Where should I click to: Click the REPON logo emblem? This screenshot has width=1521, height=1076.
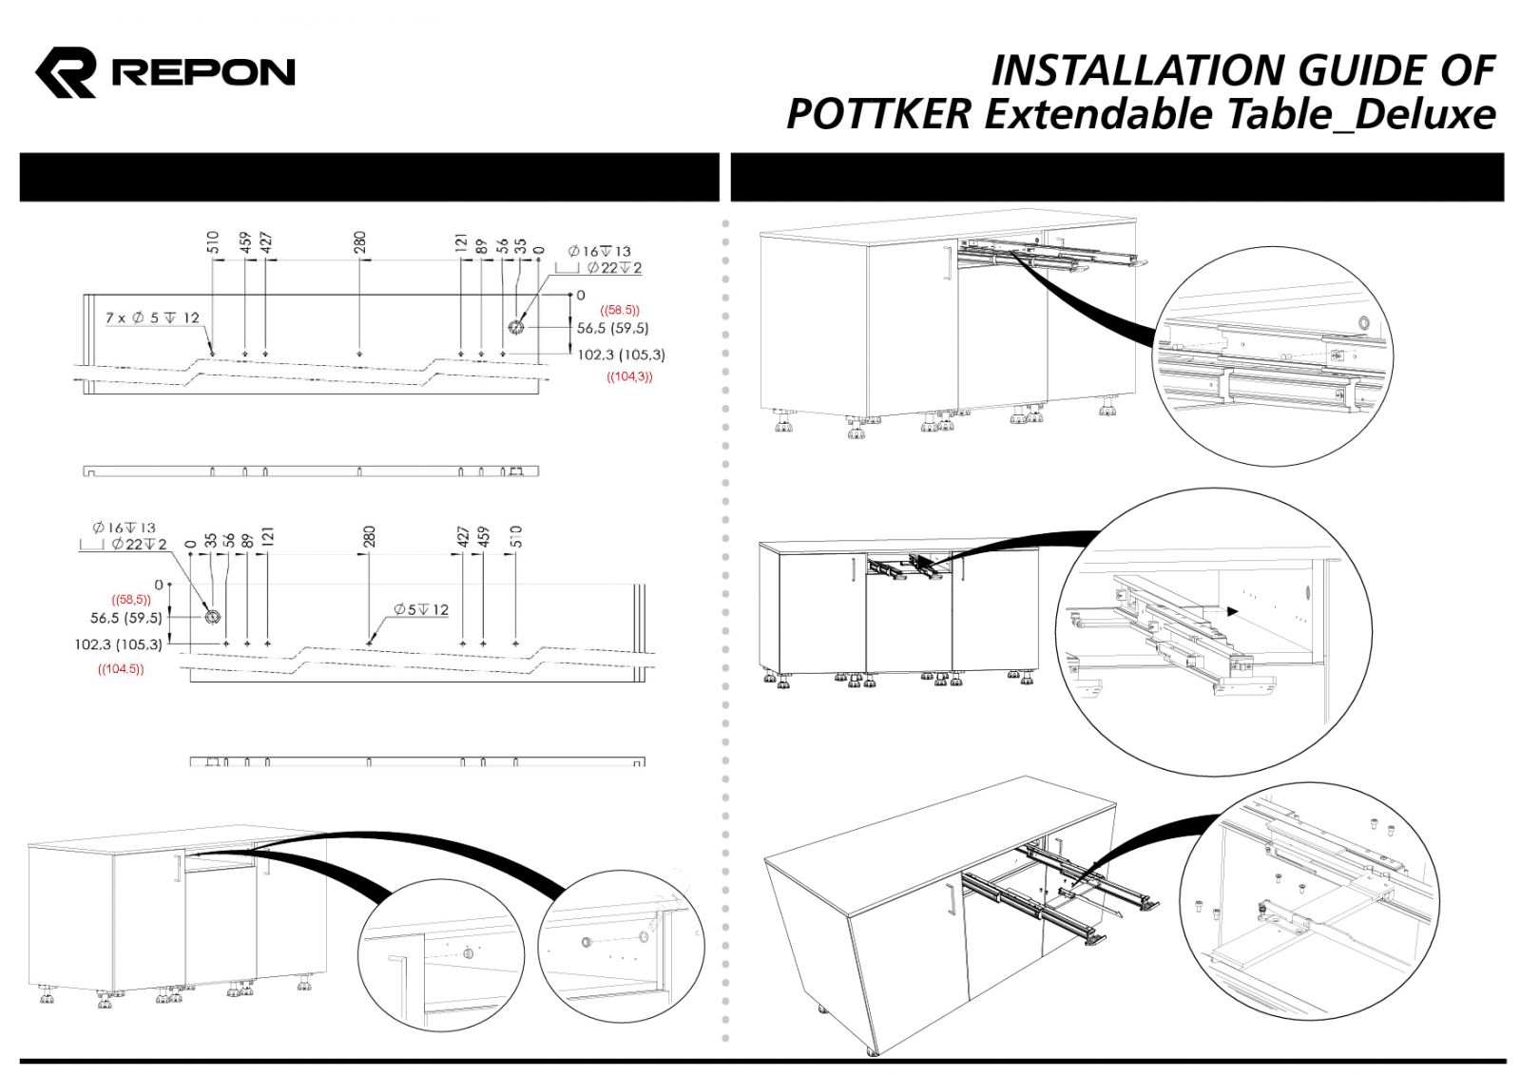coord(66,72)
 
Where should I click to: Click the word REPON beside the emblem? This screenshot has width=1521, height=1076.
coord(203,72)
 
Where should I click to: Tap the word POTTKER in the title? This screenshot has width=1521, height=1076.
coord(878,114)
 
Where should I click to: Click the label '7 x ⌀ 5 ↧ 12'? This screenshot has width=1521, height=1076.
coord(152,317)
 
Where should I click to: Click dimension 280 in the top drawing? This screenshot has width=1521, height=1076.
coord(359,242)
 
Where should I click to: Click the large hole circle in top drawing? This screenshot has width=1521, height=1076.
coord(515,327)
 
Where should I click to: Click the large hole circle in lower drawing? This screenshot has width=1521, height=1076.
coord(212,617)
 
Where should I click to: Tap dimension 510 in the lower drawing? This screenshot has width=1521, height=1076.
coord(516,536)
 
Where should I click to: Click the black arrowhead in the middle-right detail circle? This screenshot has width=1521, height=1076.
coord(1233,612)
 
